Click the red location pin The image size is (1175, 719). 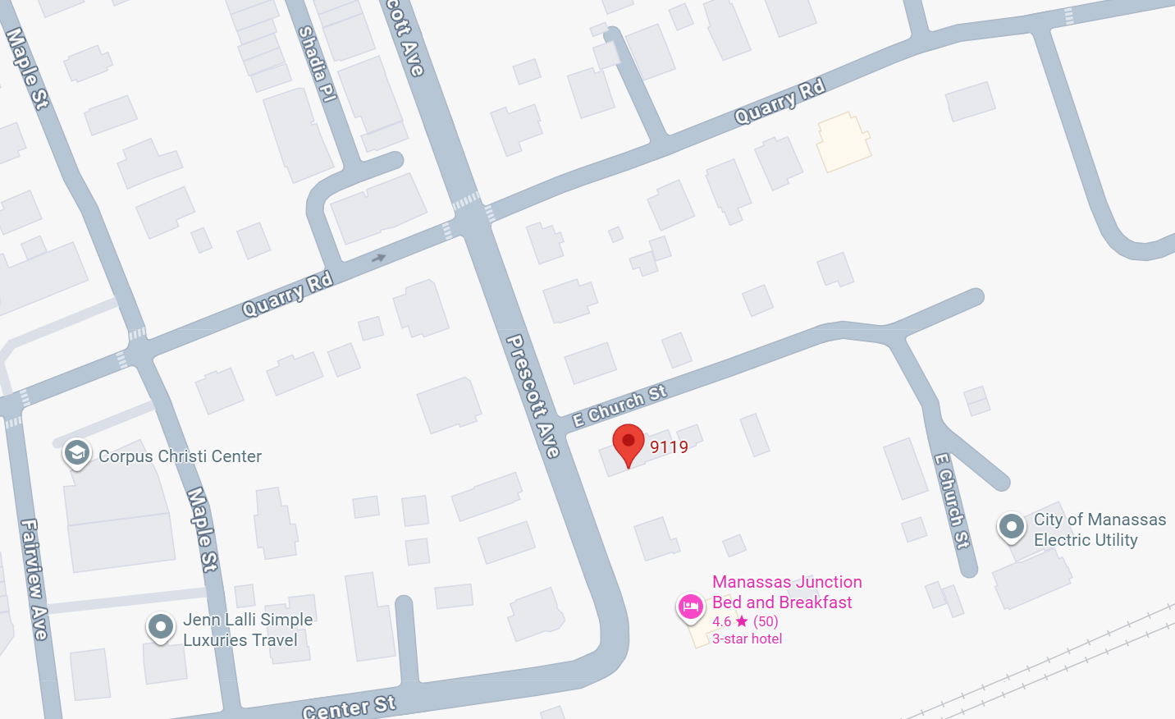[x=629, y=443]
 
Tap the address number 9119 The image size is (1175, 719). [x=669, y=447]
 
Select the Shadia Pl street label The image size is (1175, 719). [x=317, y=63]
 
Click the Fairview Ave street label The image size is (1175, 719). [x=34, y=579]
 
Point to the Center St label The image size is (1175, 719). [x=349, y=707]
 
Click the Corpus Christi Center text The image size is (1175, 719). [x=180, y=456]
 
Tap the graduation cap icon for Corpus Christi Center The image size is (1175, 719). [x=77, y=452]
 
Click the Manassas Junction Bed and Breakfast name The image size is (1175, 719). [x=786, y=592]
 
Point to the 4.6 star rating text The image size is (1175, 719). [x=745, y=621]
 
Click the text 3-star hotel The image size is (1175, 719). [x=747, y=639]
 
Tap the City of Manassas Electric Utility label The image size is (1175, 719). [x=1099, y=529]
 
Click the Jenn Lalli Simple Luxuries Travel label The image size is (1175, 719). [x=247, y=630]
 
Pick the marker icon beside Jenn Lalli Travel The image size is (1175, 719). [x=161, y=627]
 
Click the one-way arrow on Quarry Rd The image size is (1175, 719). [x=378, y=258]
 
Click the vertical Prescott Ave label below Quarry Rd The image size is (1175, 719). [x=533, y=396]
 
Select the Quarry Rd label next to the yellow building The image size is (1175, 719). [x=779, y=102]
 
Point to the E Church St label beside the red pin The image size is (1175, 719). [x=620, y=405]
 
